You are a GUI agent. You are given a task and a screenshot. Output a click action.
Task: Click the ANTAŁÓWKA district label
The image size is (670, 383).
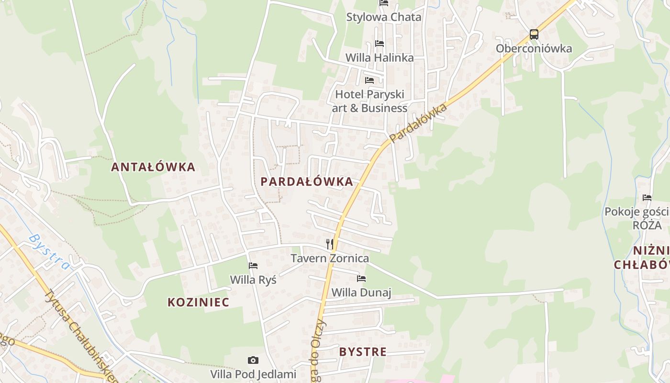[x=153, y=167]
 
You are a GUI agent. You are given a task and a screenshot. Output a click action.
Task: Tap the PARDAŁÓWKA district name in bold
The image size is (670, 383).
[x=307, y=181]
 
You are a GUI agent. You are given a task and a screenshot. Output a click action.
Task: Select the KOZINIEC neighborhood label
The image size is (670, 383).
[x=198, y=302]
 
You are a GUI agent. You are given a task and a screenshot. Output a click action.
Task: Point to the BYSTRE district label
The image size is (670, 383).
[x=363, y=352]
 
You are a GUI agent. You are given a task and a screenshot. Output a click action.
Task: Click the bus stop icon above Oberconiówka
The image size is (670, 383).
[x=534, y=34]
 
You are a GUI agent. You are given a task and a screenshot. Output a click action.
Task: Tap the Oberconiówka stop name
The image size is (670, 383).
[x=534, y=48]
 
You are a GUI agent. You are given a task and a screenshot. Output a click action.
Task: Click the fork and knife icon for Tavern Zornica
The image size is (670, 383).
[x=330, y=244]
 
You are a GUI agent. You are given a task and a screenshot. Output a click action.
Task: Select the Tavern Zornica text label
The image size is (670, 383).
[x=330, y=259]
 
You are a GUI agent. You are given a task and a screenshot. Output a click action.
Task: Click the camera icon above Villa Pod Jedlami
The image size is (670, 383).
[x=253, y=360]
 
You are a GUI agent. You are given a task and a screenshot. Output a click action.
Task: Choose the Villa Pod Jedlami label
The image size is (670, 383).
[x=253, y=374]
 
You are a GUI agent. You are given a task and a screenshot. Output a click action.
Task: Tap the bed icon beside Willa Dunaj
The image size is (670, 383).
[x=361, y=278]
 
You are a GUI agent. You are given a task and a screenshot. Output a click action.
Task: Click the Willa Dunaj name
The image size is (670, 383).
[x=361, y=292]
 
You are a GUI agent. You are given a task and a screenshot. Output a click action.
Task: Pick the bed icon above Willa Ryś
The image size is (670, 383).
[x=253, y=265]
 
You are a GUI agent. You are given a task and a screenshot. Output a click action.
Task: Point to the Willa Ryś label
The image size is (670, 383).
[x=253, y=279]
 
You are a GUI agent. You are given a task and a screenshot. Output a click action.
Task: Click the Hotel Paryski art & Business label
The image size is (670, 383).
[x=369, y=101]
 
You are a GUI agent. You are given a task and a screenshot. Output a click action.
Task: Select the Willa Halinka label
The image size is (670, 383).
[x=380, y=57]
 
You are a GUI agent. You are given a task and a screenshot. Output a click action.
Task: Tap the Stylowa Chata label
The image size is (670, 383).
[x=384, y=17]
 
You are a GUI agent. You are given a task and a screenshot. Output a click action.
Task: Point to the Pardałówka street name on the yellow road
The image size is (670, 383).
[x=419, y=123]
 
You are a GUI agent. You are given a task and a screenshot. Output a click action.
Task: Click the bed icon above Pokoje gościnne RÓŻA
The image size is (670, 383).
[x=647, y=197]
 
